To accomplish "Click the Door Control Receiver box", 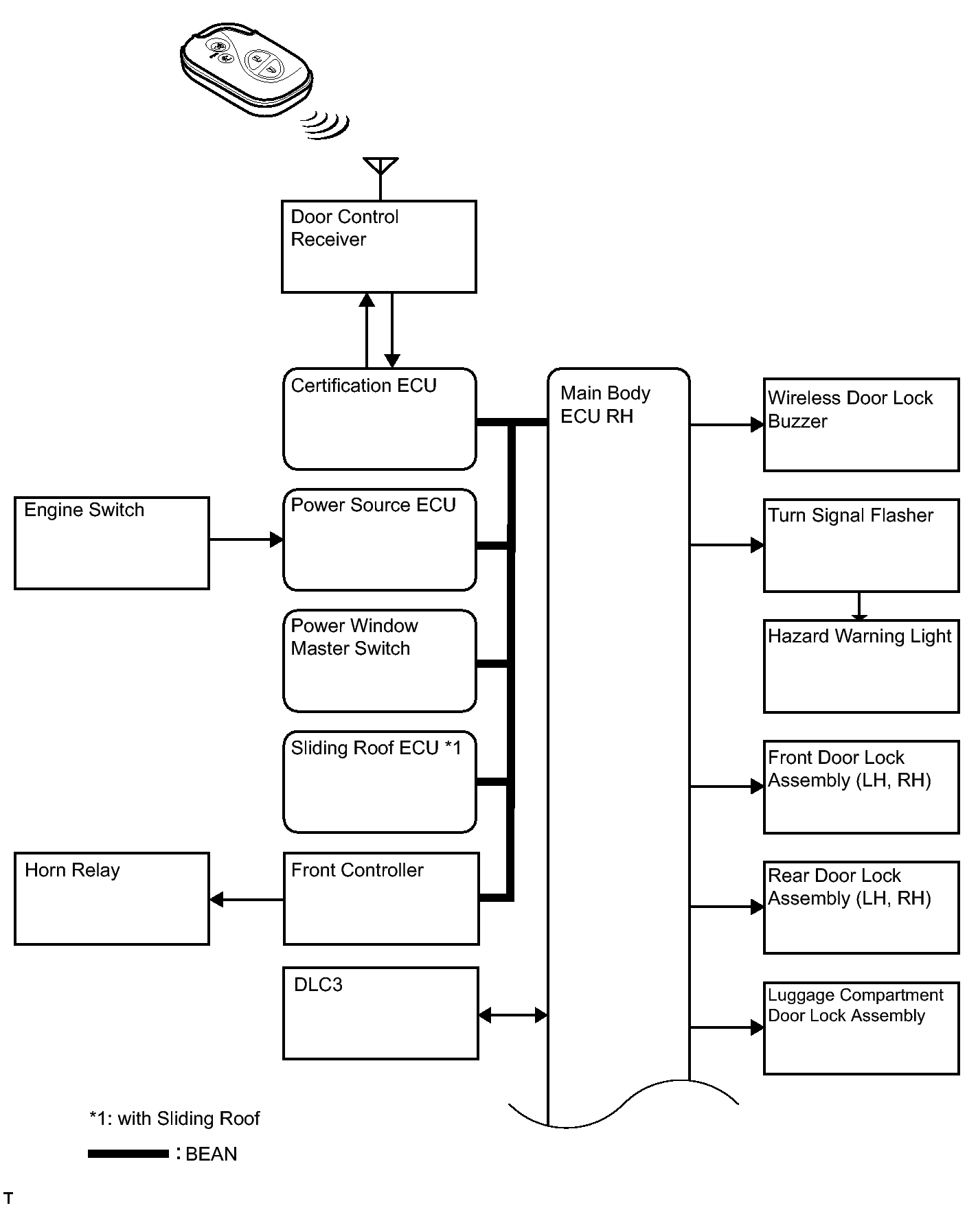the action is click(x=379, y=246).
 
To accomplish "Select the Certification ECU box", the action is click(x=380, y=419).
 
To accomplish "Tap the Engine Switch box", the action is click(x=112, y=543).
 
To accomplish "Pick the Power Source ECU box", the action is click(x=380, y=539).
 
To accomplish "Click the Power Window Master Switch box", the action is click(x=380, y=661).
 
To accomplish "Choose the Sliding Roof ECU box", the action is click(x=380, y=782).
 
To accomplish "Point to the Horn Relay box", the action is click(x=112, y=898).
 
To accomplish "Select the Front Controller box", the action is click(x=381, y=898).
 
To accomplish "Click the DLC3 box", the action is click(x=381, y=1013).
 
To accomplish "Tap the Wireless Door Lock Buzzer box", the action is click(x=861, y=425).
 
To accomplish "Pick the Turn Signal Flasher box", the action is click(x=861, y=546).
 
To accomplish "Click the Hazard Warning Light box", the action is click(x=861, y=666).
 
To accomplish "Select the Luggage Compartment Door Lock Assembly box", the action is click(x=861, y=1028).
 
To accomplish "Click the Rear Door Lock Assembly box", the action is click(x=861, y=907).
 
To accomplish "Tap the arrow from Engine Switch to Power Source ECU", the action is click(x=247, y=539).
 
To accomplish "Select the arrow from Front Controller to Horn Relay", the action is click(x=247, y=899).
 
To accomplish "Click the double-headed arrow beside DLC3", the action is click(x=513, y=1015).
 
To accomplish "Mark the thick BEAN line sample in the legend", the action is click(x=128, y=1154).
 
